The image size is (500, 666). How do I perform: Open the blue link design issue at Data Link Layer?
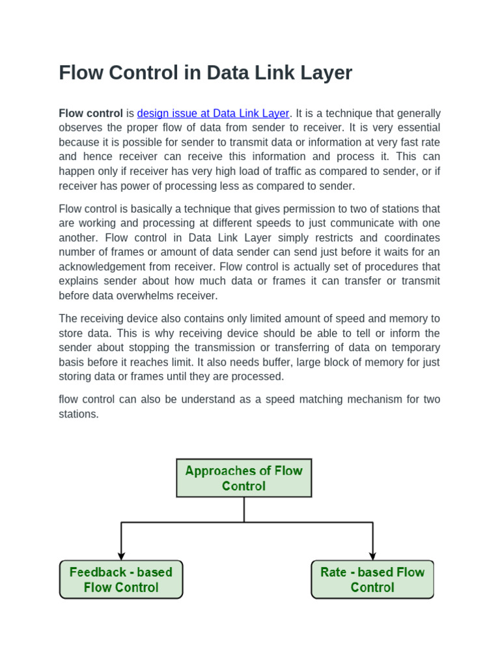click(213, 113)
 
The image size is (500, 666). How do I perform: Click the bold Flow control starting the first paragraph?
click(90, 113)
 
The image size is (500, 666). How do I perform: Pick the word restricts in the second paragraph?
click(339, 237)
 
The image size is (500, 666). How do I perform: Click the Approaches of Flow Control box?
click(244, 478)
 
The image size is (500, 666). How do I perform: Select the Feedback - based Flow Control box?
click(121, 579)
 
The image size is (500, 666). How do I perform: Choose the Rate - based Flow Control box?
click(372, 579)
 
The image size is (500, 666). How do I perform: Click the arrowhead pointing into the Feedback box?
click(121, 555)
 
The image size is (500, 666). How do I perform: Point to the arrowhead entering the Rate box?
click(373, 555)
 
